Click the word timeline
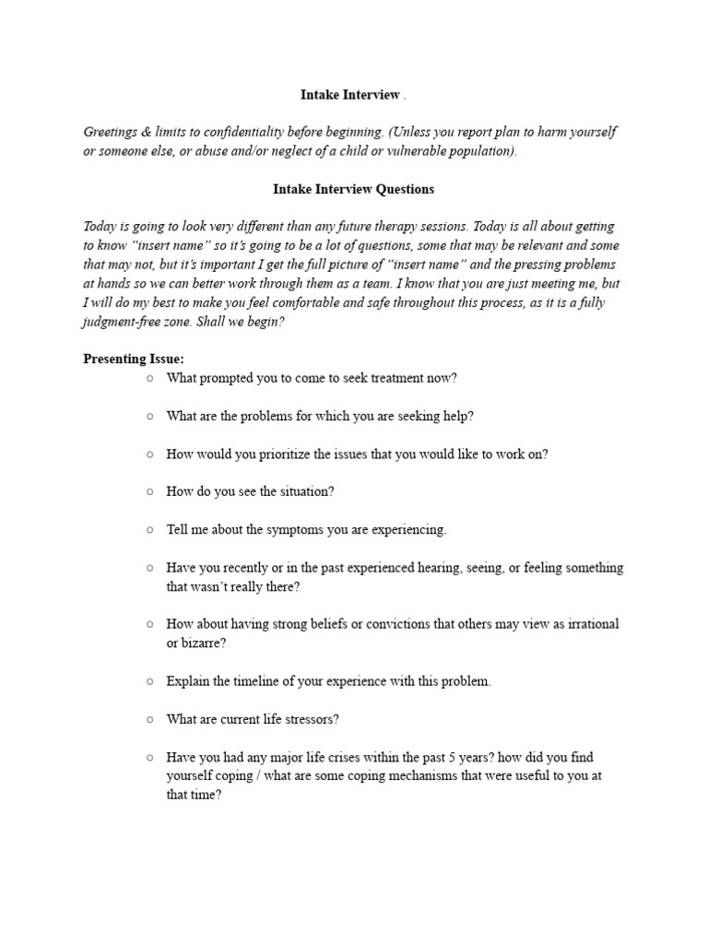point(254,681)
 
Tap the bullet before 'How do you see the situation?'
point(149,491)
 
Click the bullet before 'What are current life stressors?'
point(149,719)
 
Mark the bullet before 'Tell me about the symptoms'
point(149,529)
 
